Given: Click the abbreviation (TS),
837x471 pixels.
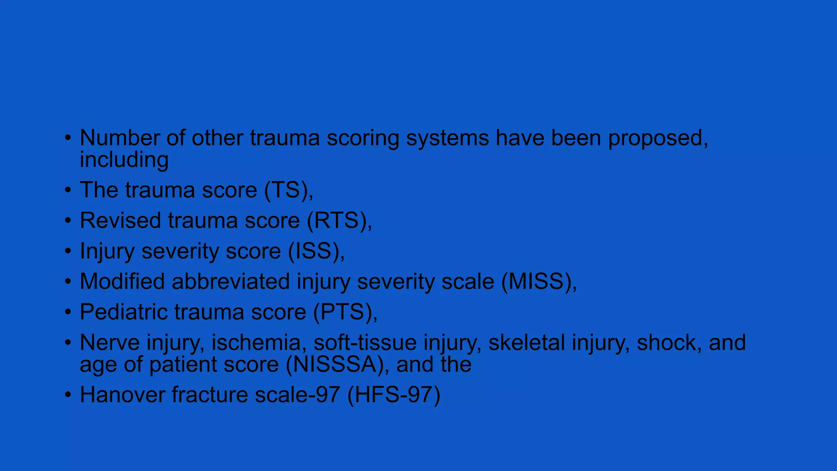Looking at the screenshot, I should point(289,190).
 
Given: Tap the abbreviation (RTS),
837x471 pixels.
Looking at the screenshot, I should point(339,221).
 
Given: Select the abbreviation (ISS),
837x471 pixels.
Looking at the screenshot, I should point(316,251).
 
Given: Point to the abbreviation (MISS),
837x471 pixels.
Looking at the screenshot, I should point(539,282).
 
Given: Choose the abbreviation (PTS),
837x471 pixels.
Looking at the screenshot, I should point(345,312).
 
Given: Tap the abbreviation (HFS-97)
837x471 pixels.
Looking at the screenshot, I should point(394,395).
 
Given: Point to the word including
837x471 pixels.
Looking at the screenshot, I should point(124,160).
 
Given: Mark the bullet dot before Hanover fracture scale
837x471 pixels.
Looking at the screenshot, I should point(68,395).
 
